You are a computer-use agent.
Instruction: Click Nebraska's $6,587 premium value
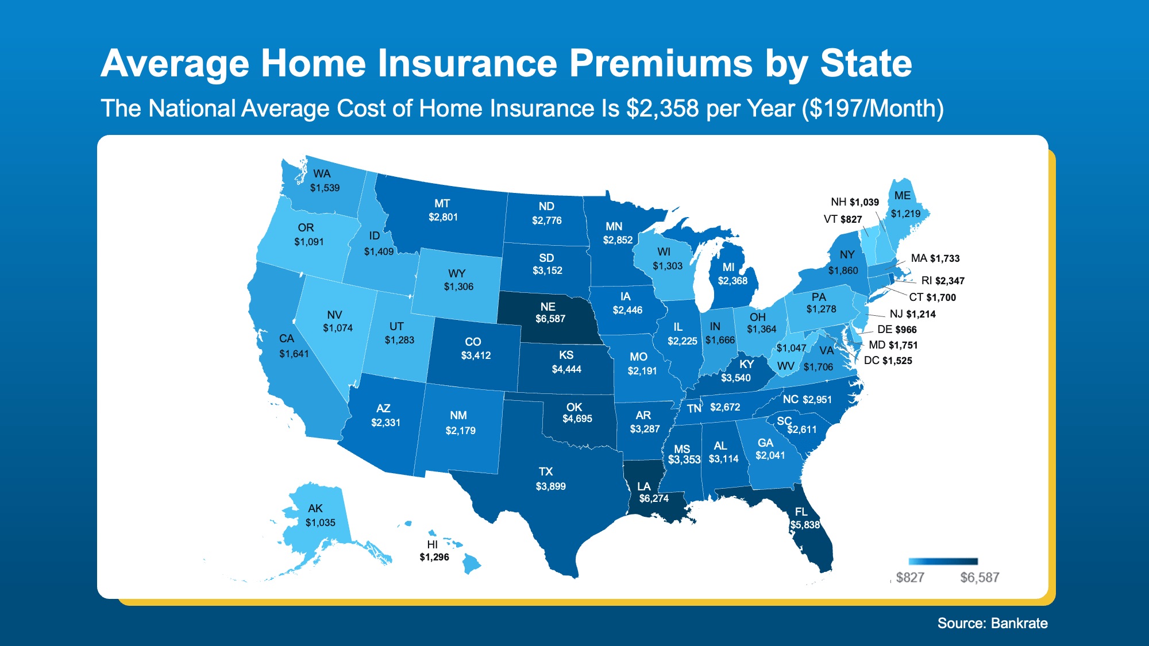coord(550,319)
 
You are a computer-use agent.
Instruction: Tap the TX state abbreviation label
coord(546,471)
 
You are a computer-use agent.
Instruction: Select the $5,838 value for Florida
coord(805,525)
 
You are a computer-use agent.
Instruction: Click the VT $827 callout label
coord(842,219)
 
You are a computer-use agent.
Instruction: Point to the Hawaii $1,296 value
coord(434,557)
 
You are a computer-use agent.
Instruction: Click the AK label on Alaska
coord(315,508)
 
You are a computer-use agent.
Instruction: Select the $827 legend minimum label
coord(910,578)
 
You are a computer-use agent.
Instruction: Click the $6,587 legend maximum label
coord(980,578)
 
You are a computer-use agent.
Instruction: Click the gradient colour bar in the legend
coord(943,562)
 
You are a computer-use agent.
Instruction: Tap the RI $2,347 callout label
coord(943,281)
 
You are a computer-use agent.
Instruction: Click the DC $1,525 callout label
coord(888,361)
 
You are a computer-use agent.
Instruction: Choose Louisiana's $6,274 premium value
coord(654,498)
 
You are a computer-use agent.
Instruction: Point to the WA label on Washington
coord(322,173)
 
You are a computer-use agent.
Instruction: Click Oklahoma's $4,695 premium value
coord(577,419)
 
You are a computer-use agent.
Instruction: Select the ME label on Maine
coord(902,195)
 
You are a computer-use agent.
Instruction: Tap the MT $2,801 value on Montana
coord(443,217)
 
